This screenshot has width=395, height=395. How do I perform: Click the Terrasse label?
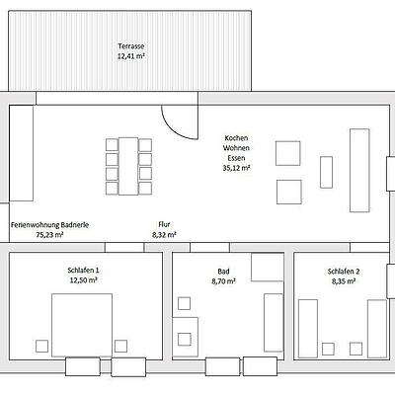pyautogui.click(x=131, y=46)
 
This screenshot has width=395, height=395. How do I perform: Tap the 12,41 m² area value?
pyautogui.click(x=131, y=56)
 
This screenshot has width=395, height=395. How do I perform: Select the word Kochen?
pyautogui.click(x=236, y=138)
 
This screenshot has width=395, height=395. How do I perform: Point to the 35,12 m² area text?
pyautogui.click(x=236, y=168)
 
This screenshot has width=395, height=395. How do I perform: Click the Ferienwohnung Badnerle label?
pyautogui.click(x=49, y=225)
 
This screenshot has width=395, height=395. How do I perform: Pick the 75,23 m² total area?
pyautogui.click(x=49, y=235)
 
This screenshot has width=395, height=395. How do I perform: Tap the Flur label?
pyautogui.click(x=164, y=224)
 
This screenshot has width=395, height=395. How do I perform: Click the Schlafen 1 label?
pyautogui.click(x=83, y=271)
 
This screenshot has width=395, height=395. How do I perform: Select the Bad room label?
pyautogui.click(x=223, y=272)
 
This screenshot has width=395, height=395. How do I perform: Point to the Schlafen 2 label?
pyautogui.click(x=344, y=272)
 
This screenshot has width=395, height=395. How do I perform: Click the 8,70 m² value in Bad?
pyautogui.click(x=223, y=281)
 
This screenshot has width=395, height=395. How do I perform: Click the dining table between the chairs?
pyautogui.click(x=128, y=166)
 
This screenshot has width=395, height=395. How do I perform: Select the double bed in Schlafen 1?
pyautogui.click(x=82, y=325)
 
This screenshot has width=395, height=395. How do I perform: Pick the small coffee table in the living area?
pyautogui.click(x=326, y=172)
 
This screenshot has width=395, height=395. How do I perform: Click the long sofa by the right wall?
pyautogui.click(x=359, y=170)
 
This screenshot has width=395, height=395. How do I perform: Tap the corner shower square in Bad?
pyautogui.click(x=268, y=267)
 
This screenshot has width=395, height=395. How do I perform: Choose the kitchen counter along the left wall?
pyautogui.click(x=21, y=153)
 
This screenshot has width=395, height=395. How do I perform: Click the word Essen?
pyautogui.click(x=236, y=158)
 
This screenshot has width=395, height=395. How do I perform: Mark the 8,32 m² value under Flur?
pyautogui.click(x=164, y=234)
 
